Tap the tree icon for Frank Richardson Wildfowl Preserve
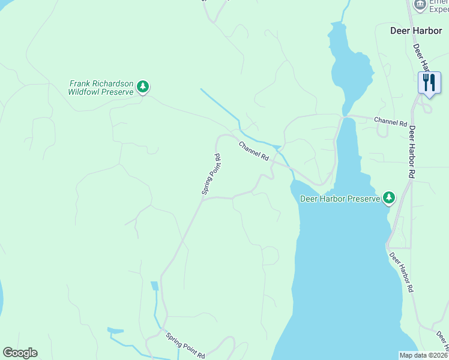click(x=142, y=88)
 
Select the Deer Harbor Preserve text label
click(x=340, y=198)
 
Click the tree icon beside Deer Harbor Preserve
click(x=389, y=197)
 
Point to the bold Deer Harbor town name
click(x=415, y=30)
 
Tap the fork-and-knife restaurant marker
click(x=429, y=82)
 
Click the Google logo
click(x=20, y=353)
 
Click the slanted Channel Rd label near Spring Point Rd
click(x=254, y=151)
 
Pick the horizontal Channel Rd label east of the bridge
click(x=390, y=122)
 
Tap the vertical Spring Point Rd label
click(x=212, y=174)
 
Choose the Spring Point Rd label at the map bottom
click(x=185, y=346)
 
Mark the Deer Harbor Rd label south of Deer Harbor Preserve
click(x=401, y=272)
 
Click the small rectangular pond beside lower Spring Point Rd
click(x=154, y=286)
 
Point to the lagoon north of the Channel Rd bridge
click(x=351, y=69)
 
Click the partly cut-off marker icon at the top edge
click(x=420, y=4)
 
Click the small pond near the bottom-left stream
click(x=115, y=330)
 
